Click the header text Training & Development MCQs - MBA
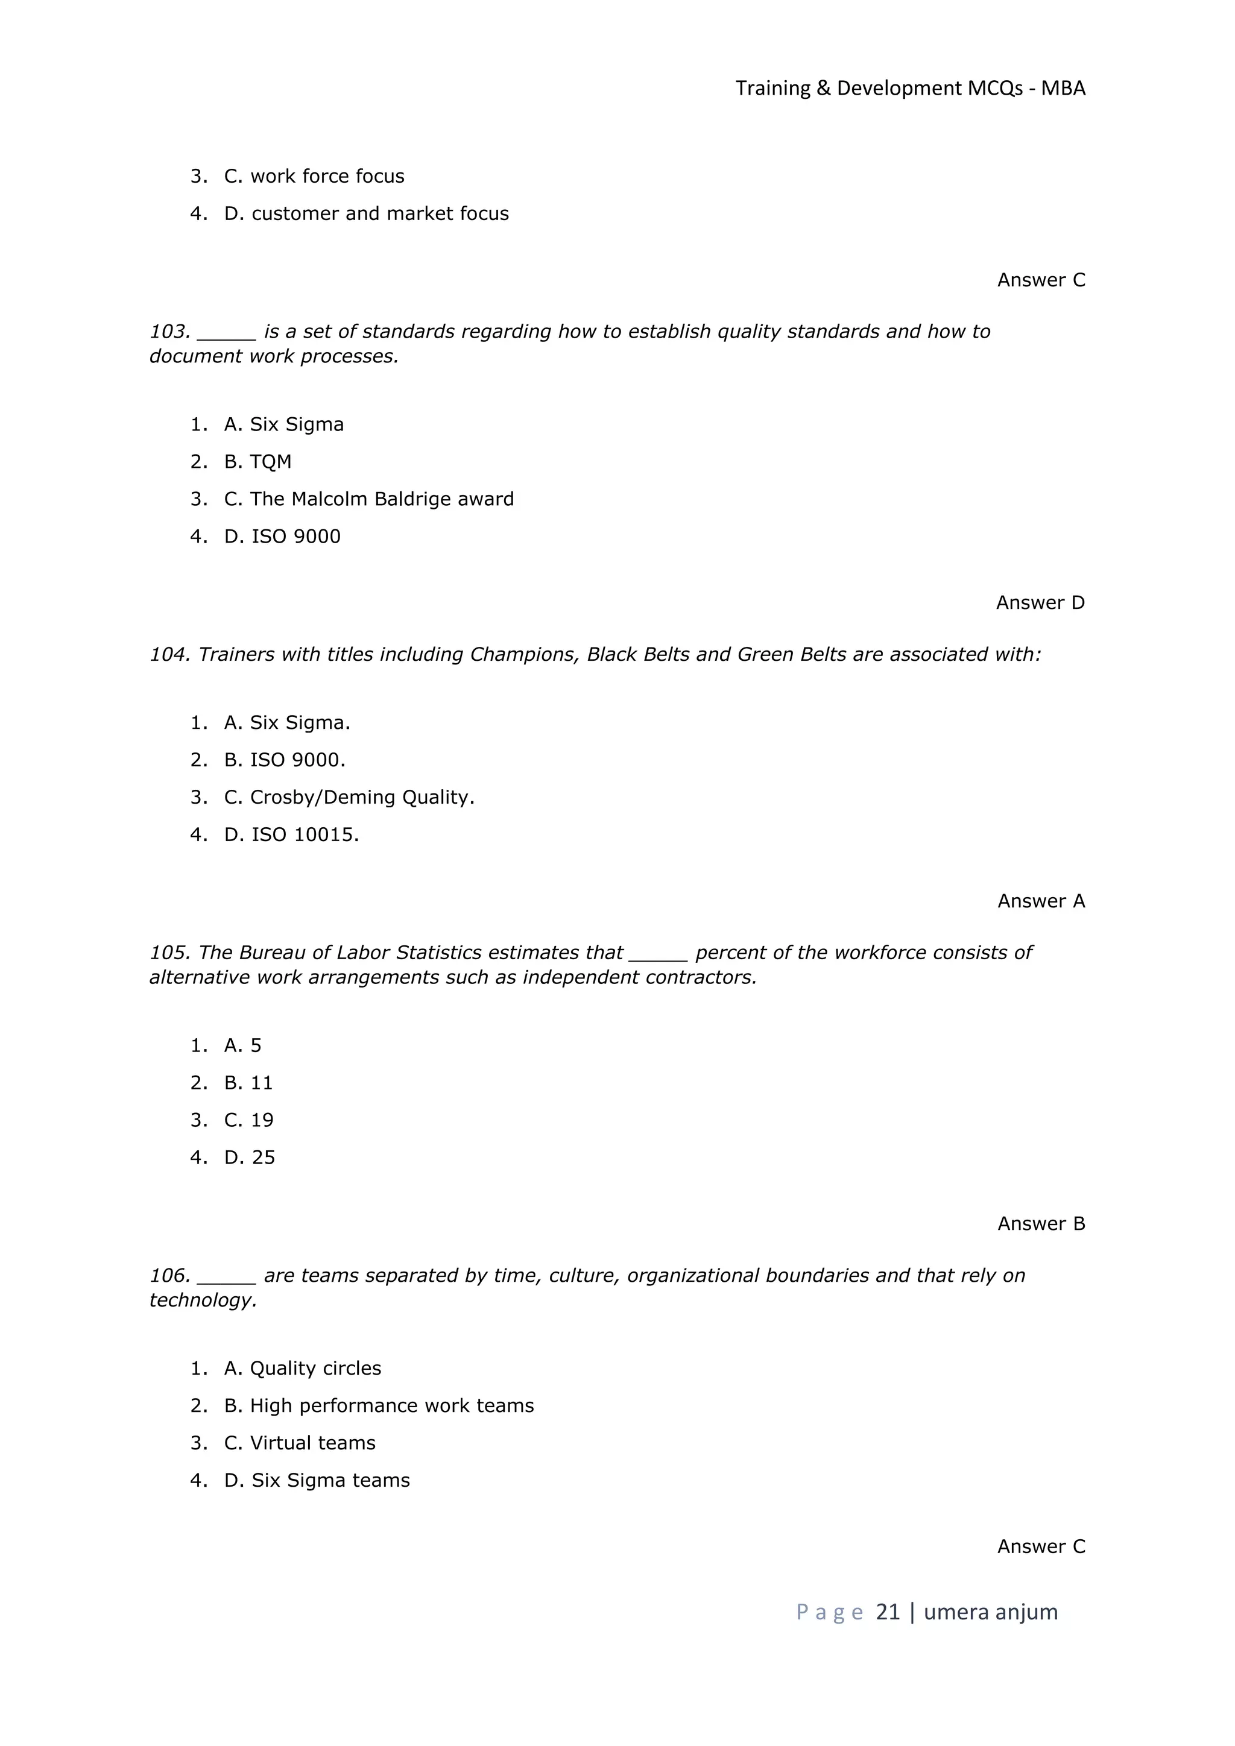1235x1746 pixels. (909, 88)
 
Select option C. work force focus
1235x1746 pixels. (314, 177)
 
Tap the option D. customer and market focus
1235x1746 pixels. (366, 213)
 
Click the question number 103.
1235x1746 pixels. (169, 332)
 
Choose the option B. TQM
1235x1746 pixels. (258, 462)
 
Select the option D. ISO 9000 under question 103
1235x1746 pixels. (282, 536)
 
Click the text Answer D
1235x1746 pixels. (1040, 602)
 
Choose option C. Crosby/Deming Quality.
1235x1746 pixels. (349, 797)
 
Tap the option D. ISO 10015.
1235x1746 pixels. (291, 834)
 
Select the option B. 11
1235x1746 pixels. (248, 1082)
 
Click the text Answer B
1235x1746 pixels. (1040, 1223)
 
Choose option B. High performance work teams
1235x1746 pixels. (379, 1405)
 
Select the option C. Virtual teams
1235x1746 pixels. (300, 1443)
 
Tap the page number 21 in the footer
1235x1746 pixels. (888, 1612)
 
